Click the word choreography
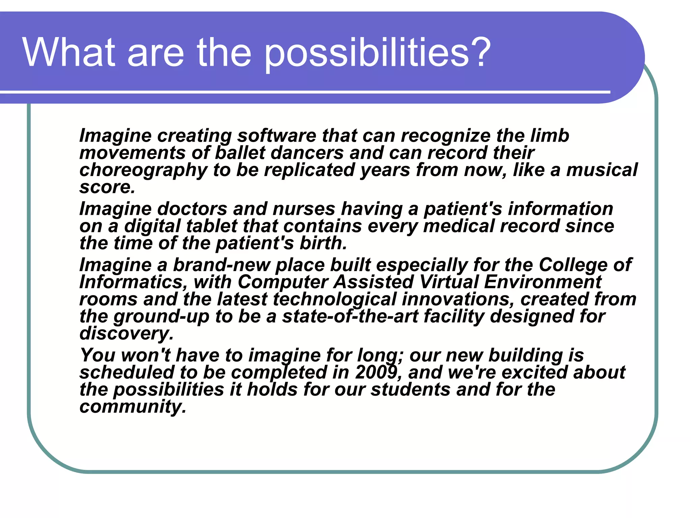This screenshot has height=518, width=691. (143, 171)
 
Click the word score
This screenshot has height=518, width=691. (107, 188)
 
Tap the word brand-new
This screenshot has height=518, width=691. (221, 265)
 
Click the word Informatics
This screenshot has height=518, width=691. (133, 282)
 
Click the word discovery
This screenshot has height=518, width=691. (126, 334)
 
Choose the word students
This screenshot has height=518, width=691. (410, 390)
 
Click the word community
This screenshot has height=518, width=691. (133, 407)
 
